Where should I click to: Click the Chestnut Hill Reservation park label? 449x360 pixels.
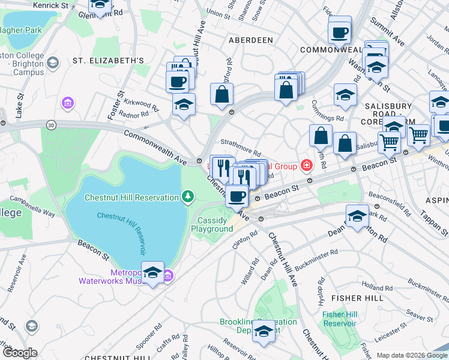(x=131, y=197)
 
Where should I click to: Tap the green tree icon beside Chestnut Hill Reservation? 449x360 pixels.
(x=188, y=197)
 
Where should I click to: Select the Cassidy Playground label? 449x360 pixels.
(x=215, y=224)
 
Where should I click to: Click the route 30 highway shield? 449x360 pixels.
(x=51, y=124)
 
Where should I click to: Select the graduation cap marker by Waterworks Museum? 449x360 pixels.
(x=152, y=273)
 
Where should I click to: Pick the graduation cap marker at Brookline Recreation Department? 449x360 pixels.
(x=264, y=331)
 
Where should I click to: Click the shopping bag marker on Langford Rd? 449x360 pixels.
(x=221, y=94)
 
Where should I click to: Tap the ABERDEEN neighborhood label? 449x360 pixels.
(x=250, y=40)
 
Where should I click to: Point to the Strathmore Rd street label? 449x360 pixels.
(x=241, y=147)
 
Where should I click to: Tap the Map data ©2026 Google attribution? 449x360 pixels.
(x=411, y=355)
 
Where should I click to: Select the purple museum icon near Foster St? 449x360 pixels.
(x=67, y=104)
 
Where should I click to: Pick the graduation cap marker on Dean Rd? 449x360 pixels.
(x=357, y=217)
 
